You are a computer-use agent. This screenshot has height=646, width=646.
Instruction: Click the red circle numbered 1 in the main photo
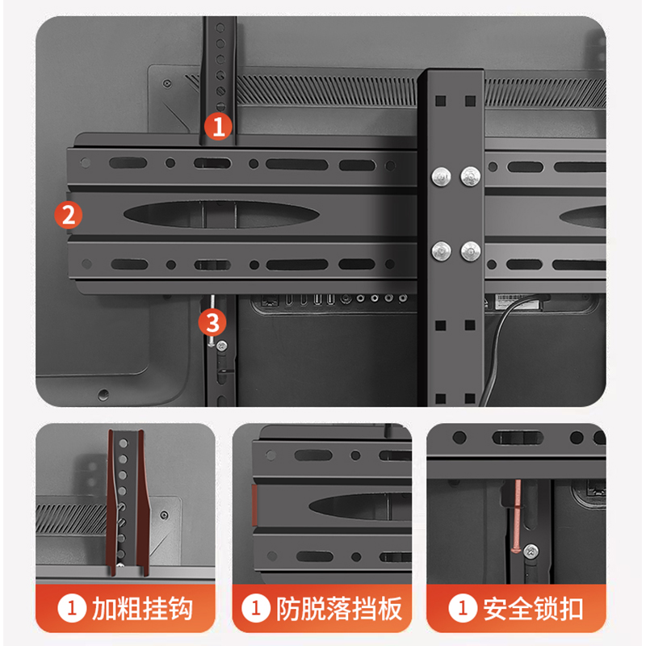(218, 126)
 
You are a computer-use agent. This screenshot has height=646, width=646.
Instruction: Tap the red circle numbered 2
(69, 215)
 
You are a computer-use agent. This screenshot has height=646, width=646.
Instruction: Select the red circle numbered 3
(212, 322)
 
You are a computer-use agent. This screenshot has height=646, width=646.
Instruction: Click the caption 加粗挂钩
(142, 609)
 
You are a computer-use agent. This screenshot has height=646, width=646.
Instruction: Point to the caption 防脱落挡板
(338, 609)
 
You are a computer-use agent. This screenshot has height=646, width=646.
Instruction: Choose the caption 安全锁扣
(533, 609)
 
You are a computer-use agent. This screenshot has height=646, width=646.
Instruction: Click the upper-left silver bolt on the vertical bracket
(441, 176)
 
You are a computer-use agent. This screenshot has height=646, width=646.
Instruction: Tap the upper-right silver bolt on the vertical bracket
(470, 176)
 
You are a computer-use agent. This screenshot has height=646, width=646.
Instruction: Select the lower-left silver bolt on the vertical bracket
(441, 250)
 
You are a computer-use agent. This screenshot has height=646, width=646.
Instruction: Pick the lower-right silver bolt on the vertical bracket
(470, 251)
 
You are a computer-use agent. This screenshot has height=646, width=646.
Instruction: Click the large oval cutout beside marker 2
(221, 214)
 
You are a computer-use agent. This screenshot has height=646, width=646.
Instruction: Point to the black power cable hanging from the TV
(497, 346)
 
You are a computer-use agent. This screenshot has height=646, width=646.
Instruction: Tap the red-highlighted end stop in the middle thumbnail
(254, 505)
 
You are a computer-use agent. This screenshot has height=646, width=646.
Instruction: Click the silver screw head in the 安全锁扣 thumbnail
(531, 551)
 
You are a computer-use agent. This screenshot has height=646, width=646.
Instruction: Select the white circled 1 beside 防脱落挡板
(256, 608)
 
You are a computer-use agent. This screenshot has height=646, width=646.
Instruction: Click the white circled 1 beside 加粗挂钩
(72, 608)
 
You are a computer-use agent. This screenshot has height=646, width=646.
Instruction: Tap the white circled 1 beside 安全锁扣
(463, 608)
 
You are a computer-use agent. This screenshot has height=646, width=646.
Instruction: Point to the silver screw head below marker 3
(221, 346)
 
